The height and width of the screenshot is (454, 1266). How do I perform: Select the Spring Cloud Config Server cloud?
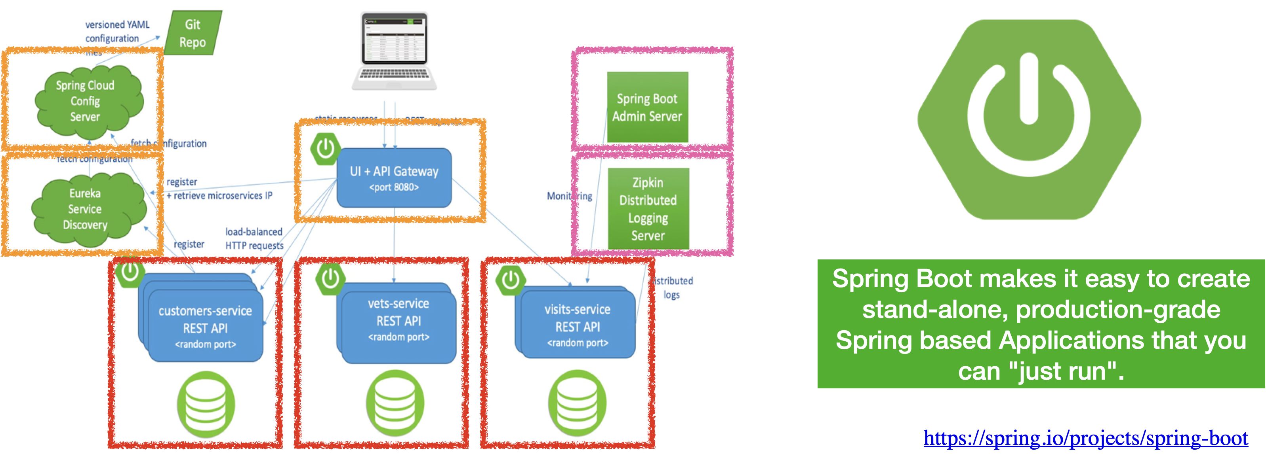click(86, 101)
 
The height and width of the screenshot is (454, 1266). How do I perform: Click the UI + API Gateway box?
click(394, 178)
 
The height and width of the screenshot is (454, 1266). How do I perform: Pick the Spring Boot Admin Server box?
click(647, 108)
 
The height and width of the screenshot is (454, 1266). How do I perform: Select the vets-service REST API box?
click(398, 322)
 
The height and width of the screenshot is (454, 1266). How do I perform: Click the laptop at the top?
click(394, 51)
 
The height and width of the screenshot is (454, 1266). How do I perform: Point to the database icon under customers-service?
click(206, 404)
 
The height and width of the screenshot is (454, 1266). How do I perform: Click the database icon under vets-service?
click(395, 403)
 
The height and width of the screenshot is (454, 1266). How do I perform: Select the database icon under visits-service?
click(577, 403)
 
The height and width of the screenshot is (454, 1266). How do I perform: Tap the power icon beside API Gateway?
click(325, 148)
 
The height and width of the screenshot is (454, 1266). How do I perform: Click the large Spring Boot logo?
click(1029, 119)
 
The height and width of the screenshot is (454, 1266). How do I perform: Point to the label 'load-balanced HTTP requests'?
click(254, 238)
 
